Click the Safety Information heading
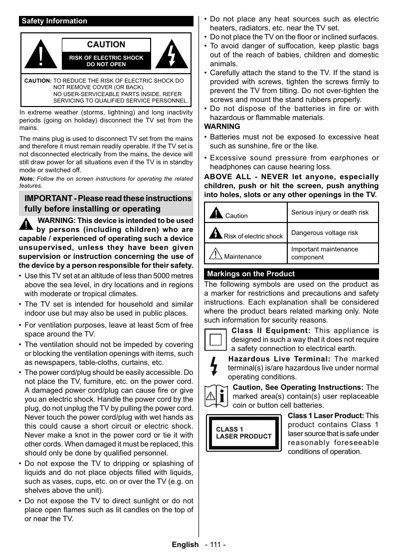[x=54, y=21]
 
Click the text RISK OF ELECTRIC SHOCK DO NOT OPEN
[x=106, y=61]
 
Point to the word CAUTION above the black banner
[x=106, y=45]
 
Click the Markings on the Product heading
[x=251, y=274]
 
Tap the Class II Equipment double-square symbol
[x=215, y=340]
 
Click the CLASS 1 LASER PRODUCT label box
[x=243, y=433]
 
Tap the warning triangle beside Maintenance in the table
[x=215, y=253]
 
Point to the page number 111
[x=215, y=545]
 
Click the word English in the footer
[x=185, y=545]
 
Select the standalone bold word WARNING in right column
[x=222, y=126]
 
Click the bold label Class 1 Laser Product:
[x=326, y=416]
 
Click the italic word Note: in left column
[x=26, y=179]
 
